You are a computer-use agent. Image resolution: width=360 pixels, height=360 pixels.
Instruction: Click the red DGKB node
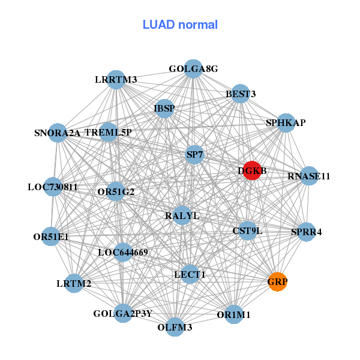coord(252,170)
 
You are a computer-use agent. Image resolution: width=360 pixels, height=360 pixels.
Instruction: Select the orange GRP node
coord(277,281)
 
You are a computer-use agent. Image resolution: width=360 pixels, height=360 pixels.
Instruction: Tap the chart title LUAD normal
coord(180,25)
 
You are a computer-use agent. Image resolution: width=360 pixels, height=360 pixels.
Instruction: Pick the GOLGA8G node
coord(193,69)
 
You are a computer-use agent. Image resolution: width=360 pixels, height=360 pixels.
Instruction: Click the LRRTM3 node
coord(116,79)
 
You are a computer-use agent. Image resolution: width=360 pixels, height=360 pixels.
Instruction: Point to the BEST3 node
coord(241,94)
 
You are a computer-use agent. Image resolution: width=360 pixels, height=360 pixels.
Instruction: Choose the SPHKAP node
coord(286,122)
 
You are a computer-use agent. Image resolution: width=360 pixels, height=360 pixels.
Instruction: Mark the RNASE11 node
coord(308,176)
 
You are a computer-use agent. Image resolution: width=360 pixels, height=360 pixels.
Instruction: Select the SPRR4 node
coord(306,232)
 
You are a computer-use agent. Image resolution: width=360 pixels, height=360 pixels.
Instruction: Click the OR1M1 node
coord(234,314)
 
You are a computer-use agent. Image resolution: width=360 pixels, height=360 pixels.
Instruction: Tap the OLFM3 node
coord(175,327)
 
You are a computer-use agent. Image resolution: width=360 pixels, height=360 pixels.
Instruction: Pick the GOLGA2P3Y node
coord(123,313)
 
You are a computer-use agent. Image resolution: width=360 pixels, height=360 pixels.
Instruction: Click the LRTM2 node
coord(74,283)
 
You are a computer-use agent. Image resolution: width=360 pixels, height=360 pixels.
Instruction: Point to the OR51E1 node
coord(52,236)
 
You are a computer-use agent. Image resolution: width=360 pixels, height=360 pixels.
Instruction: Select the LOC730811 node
coord(53,187)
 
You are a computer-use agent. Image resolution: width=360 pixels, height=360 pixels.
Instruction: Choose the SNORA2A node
coord(58,133)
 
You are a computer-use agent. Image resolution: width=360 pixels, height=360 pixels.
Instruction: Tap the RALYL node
coord(182,215)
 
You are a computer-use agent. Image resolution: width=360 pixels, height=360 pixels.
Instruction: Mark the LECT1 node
coord(190,274)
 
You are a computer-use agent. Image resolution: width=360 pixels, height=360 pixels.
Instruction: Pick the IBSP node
coord(164,109)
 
